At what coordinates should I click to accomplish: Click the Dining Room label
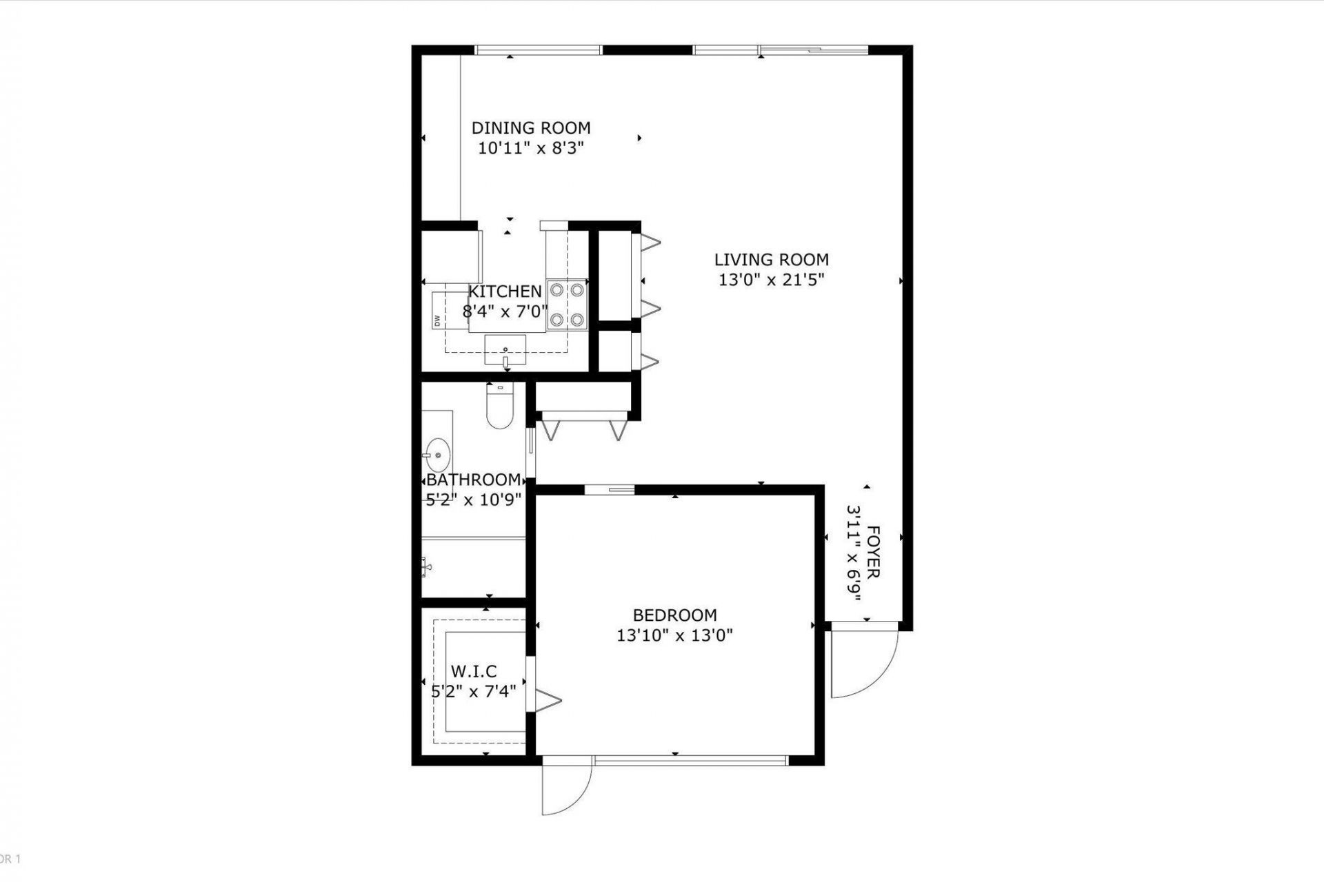[x=530, y=128]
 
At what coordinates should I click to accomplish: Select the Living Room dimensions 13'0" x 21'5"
[x=771, y=280]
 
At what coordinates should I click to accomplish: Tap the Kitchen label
[x=505, y=291]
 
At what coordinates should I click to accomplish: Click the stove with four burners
[x=567, y=305]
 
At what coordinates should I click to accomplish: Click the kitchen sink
[x=505, y=350]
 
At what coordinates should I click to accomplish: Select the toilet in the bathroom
[x=499, y=406]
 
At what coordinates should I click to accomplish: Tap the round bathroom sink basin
[x=437, y=455]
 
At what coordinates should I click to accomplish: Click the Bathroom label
[x=473, y=480]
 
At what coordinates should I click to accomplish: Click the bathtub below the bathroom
[x=473, y=568]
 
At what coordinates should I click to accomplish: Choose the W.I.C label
[x=473, y=671]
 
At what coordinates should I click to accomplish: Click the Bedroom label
[x=674, y=615]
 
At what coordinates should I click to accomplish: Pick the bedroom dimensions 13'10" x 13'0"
[x=674, y=635]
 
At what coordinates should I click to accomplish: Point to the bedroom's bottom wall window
[x=690, y=761]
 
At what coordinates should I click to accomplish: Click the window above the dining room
[x=538, y=50]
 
